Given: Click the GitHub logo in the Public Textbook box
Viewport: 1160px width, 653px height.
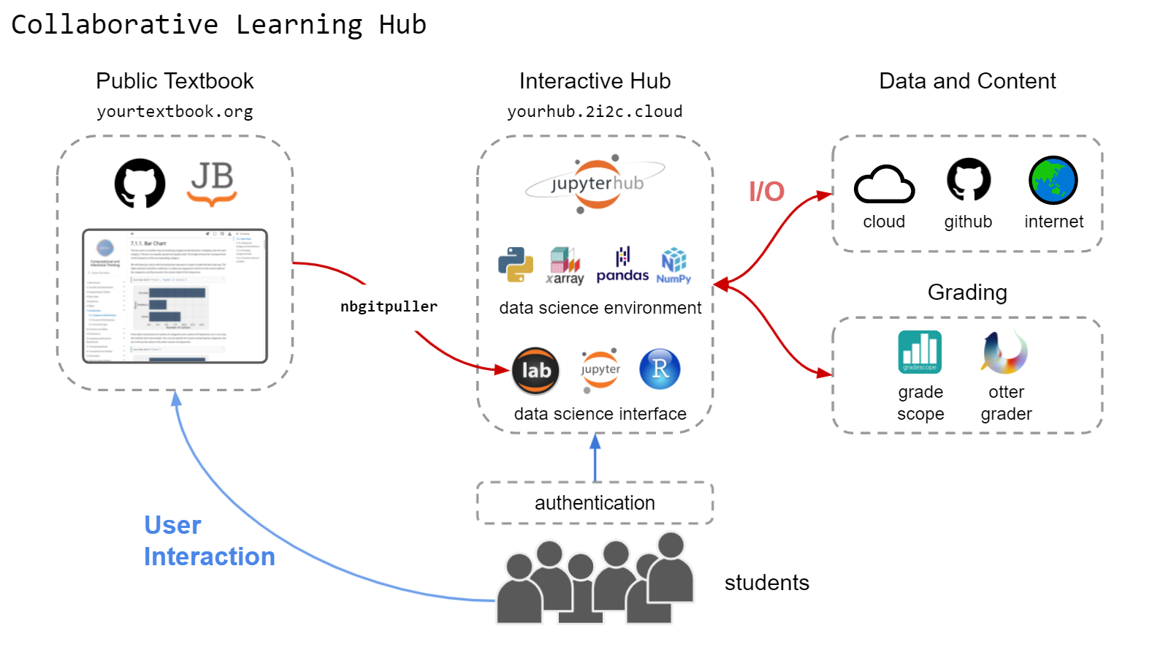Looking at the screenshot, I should click(x=140, y=184).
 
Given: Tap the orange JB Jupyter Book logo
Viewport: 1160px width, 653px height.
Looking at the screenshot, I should click(x=212, y=183).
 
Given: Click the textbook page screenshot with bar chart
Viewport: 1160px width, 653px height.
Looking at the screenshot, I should click(x=175, y=296).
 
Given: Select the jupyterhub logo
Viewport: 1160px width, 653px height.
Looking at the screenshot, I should click(x=596, y=184).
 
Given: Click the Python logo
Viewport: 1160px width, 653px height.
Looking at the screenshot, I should click(x=516, y=265).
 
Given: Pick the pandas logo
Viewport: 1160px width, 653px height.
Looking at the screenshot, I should click(x=622, y=265).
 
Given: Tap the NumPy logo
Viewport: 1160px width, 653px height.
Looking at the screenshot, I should click(x=674, y=265).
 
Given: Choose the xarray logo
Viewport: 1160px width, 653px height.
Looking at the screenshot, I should click(x=565, y=265).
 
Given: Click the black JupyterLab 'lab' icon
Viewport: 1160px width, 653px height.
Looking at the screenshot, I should click(x=535, y=371).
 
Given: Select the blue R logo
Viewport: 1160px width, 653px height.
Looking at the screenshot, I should click(x=660, y=369).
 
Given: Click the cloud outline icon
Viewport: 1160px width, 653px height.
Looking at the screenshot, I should click(x=884, y=184).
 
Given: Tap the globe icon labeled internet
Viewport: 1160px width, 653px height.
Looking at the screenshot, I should click(x=1053, y=181).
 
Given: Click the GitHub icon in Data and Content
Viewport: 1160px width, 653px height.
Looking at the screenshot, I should click(x=969, y=180).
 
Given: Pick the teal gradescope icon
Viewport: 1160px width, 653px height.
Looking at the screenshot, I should click(x=920, y=352).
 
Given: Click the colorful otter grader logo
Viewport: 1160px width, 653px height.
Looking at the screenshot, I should click(x=1004, y=352).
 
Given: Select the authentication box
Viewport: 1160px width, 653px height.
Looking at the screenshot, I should click(x=595, y=503).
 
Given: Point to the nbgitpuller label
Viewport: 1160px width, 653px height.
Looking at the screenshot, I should click(x=389, y=306).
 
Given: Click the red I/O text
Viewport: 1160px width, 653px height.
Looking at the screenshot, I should click(x=766, y=192).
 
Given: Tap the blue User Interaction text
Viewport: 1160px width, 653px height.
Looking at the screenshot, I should click(x=209, y=541).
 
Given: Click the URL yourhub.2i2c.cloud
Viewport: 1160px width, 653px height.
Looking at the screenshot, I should click(x=595, y=112).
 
